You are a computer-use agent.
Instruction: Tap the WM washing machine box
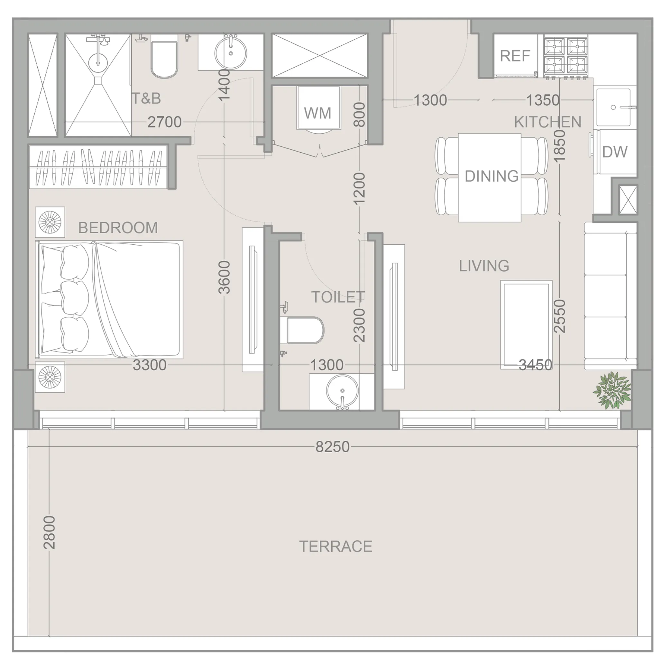click(x=318, y=108)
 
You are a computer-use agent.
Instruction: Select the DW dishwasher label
click(x=615, y=152)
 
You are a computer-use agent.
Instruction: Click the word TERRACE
click(x=336, y=547)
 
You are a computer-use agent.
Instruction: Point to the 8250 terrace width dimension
click(x=332, y=447)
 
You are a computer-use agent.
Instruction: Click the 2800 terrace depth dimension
click(x=49, y=532)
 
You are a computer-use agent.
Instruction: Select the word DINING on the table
click(x=492, y=176)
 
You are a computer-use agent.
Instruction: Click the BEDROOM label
click(x=118, y=228)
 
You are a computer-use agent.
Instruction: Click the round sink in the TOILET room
click(x=342, y=391)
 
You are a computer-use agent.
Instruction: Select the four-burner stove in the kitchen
click(x=566, y=56)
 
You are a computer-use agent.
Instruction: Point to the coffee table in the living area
click(x=526, y=324)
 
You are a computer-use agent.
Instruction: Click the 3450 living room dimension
click(x=535, y=365)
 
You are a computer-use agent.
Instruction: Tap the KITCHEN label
click(x=547, y=122)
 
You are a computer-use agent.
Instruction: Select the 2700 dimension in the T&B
click(x=164, y=122)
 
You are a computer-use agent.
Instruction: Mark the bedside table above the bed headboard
click(x=50, y=222)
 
